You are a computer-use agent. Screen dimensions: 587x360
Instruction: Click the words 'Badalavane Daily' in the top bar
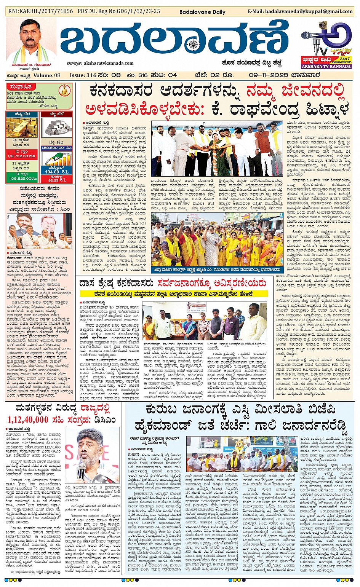202,12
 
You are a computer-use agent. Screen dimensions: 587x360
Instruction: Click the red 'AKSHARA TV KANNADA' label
326,67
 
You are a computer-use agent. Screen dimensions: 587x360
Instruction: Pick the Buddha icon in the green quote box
65,91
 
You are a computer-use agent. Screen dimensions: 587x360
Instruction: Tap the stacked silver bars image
57,128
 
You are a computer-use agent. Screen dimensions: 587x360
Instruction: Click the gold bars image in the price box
21,127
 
